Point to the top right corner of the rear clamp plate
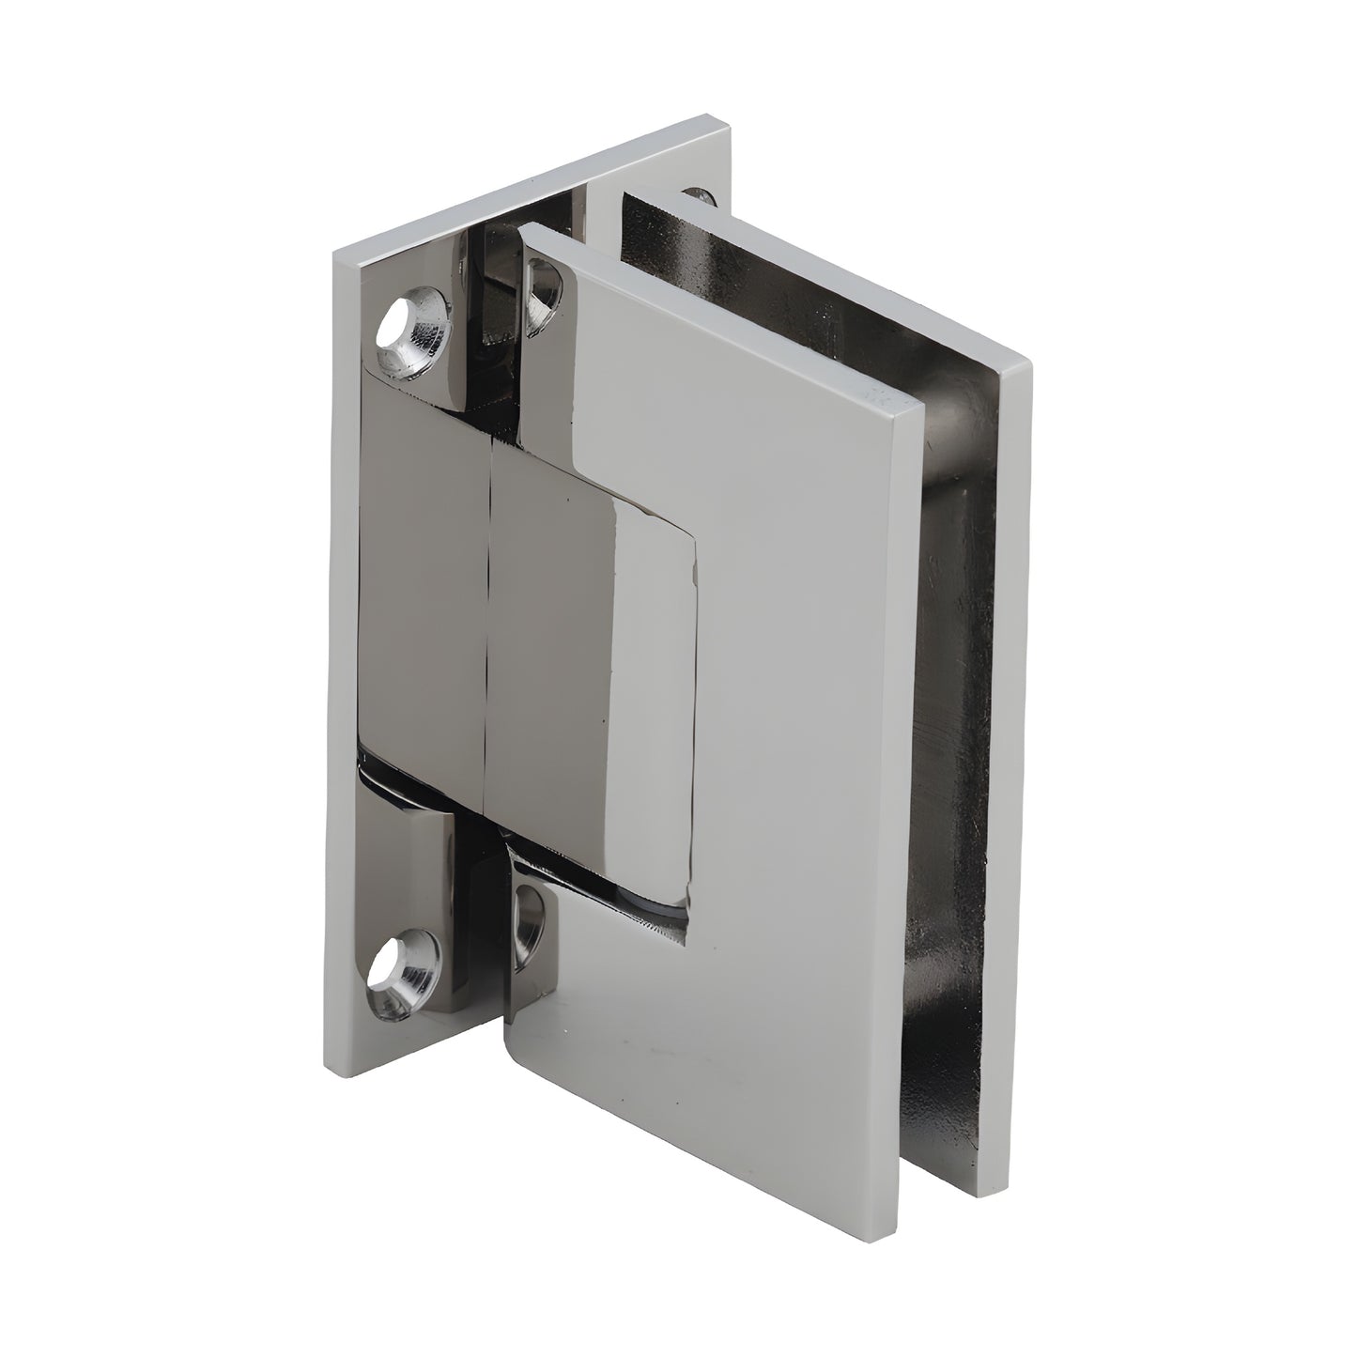click(1030, 365)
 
